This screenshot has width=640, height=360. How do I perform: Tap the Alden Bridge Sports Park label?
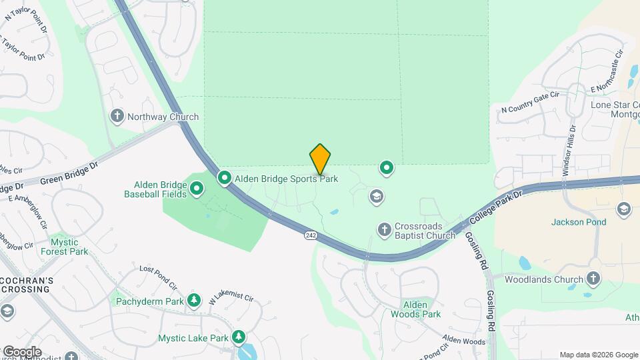pos(286,179)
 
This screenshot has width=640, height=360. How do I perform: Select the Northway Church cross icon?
pos(117,117)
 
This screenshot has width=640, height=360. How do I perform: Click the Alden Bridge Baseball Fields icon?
pos(197,189)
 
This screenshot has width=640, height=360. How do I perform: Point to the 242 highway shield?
pos(311,235)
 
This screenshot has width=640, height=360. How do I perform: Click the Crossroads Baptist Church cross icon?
pos(383,230)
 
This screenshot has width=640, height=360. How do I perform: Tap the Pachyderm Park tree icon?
pos(194,301)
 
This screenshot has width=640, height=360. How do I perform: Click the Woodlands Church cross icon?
pos(593,278)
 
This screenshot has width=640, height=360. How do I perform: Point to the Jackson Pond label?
pos(579,222)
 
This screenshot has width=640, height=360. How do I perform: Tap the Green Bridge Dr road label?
pos(69,172)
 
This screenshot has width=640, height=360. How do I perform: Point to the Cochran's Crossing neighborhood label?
pos(25,285)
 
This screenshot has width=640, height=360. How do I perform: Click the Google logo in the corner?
pos(22,352)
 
